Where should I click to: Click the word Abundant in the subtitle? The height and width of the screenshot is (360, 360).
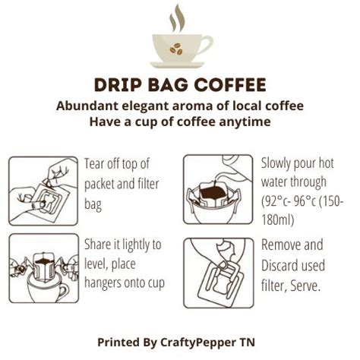86,106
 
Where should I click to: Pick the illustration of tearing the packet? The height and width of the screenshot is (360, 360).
43,190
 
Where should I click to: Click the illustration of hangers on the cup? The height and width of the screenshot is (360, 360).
43,269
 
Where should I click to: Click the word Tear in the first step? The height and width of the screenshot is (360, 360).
96,163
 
